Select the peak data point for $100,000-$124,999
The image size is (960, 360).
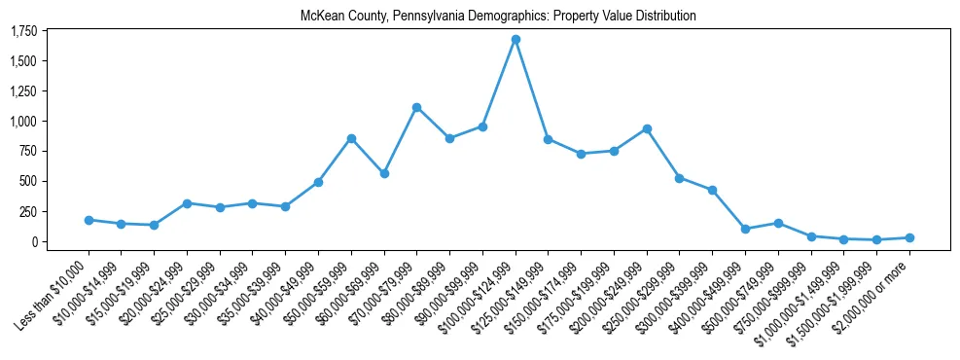click(x=516, y=40)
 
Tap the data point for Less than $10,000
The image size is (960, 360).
click(x=89, y=220)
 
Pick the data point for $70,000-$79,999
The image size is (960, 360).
click(x=416, y=107)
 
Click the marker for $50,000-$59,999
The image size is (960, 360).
click(x=351, y=138)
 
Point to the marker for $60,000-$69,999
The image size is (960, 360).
click(x=384, y=173)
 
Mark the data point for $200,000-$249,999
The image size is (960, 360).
click(x=647, y=128)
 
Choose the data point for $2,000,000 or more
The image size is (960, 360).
click(x=909, y=237)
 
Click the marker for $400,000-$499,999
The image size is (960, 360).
click(x=745, y=229)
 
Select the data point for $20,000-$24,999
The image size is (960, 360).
click(x=187, y=203)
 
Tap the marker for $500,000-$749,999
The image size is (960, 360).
click(x=778, y=223)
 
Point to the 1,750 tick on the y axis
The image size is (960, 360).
click(x=23, y=31)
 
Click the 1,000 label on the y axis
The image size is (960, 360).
click(x=23, y=122)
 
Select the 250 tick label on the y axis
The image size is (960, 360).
click(x=28, y=211)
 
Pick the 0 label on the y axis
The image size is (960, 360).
click(x=33, y=241)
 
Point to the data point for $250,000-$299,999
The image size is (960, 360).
click(x=680, y=178)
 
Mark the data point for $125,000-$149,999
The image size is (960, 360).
click(x=549, y=139)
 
